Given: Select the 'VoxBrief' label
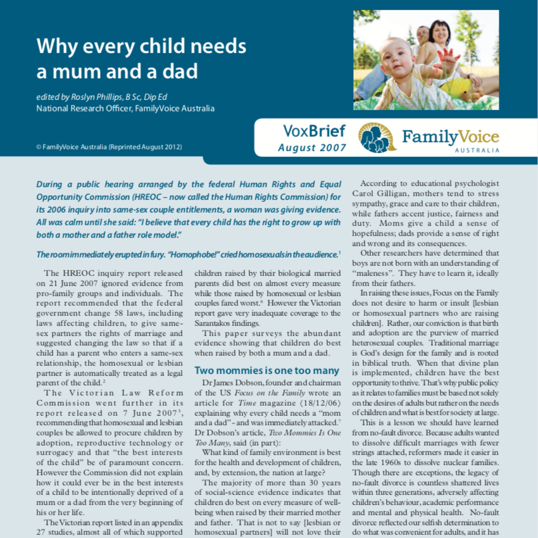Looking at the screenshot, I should pos(314,132).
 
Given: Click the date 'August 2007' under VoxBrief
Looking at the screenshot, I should pos(313,148).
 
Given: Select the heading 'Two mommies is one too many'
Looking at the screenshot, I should pos(266,370).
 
